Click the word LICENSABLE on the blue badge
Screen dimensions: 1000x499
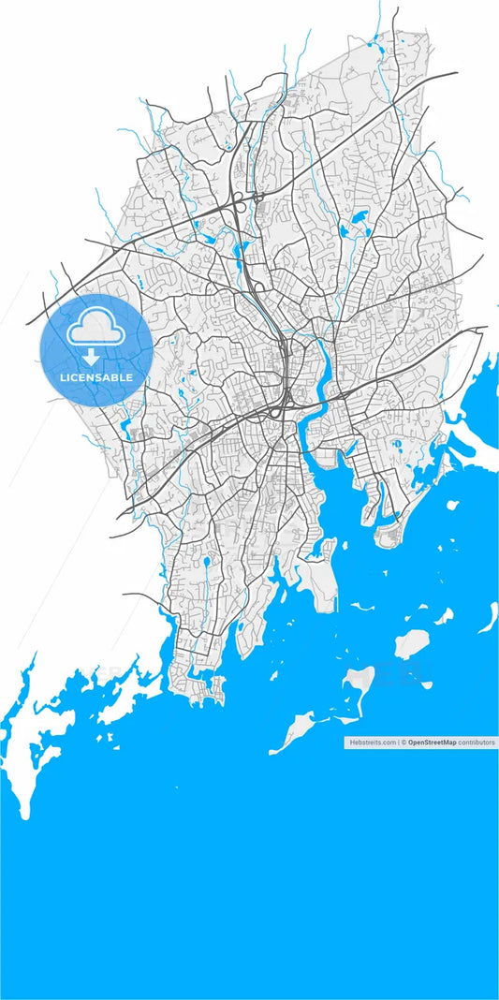pyautogui.click(x=96, y=377)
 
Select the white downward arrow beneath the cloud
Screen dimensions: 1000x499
pyautogui.click(x=91, y=357)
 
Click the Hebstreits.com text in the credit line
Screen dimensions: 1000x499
pyautogui.click(x=373, y=742)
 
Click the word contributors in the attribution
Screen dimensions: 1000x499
pyautogui.click(x=477, y=742)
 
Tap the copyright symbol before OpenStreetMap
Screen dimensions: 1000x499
pyautogui.click(x=404, y=742)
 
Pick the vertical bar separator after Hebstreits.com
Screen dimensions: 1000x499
pyautogui.click(x=398, y=742)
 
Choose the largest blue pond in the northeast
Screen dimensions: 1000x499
pyautogui.click(x=358, y=224)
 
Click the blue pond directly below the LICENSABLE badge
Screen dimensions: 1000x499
pyautogui.click(x=125, y=429)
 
